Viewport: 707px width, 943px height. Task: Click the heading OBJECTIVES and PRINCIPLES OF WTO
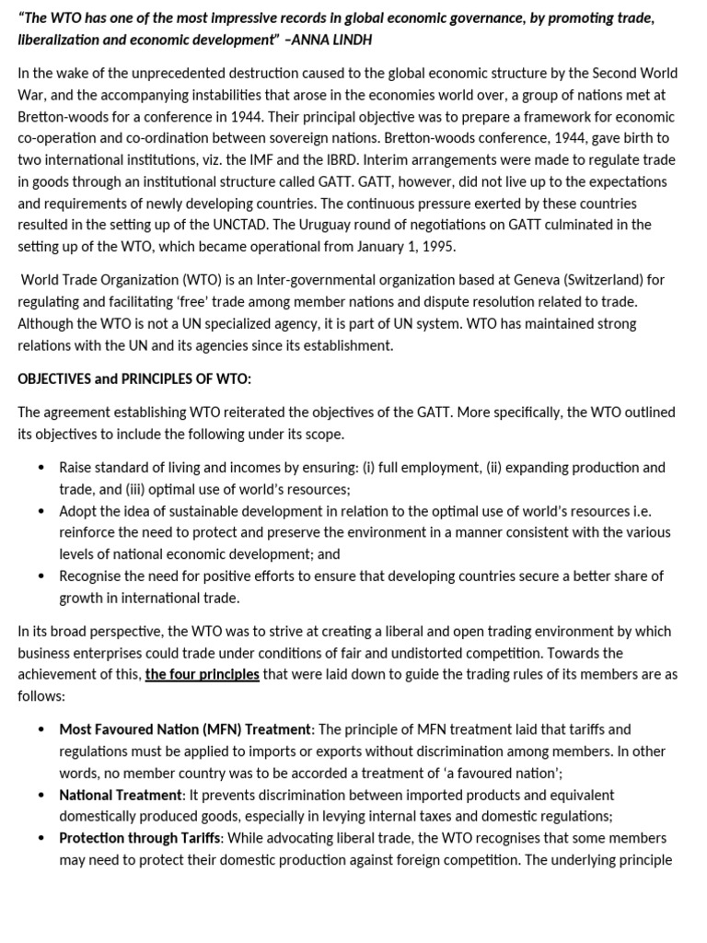point(134,378)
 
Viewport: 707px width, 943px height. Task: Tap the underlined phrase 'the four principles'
point(203,674)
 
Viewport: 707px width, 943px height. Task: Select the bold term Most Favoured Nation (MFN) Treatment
point(186,729)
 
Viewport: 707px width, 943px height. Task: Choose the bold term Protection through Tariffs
point(140,838)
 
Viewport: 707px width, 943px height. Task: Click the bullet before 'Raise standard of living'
point(41,468)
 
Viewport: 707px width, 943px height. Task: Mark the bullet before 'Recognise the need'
point(41,576)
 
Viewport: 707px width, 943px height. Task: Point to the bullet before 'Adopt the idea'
point(41,511)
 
